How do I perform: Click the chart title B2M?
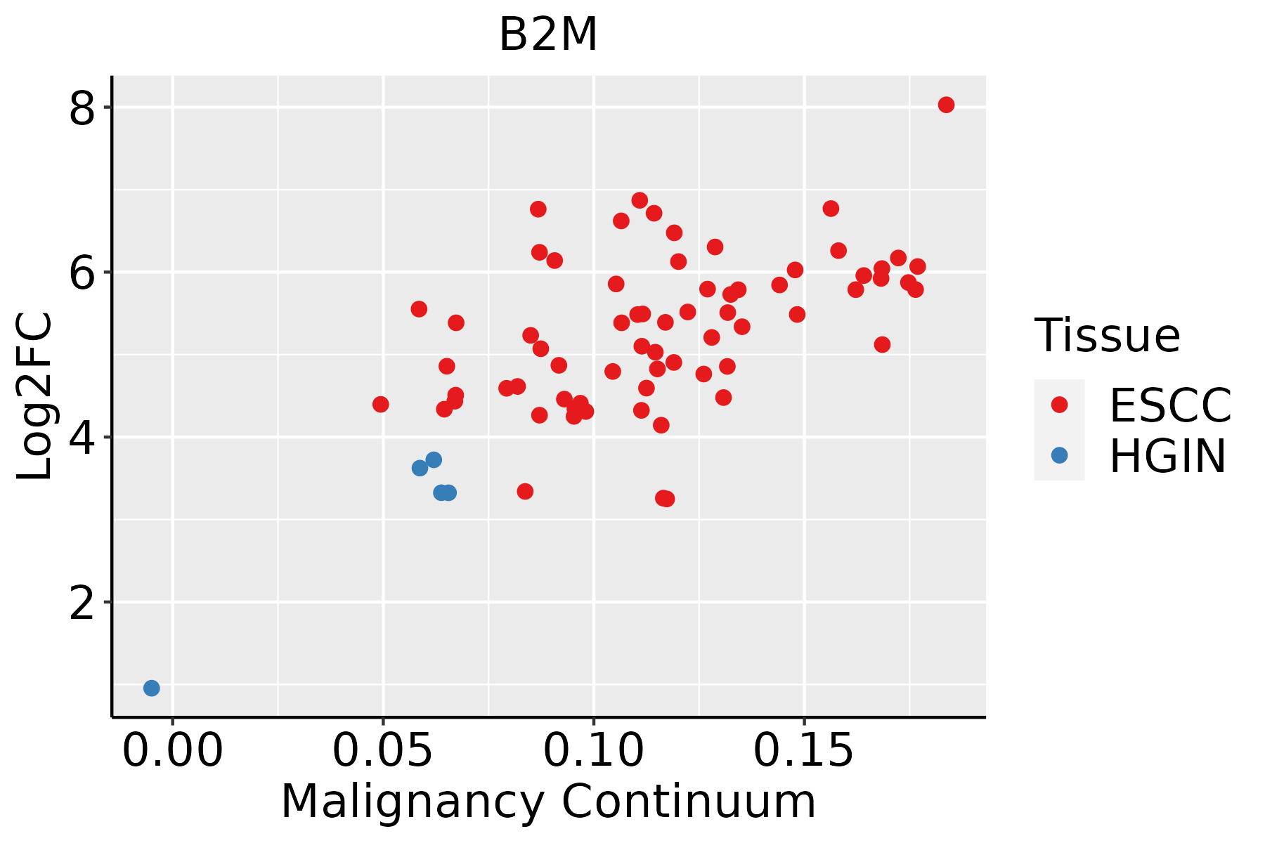point(548,34)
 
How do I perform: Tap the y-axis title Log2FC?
point(34,396)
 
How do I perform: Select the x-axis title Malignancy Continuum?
point(548,802)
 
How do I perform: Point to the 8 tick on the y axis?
point(82,107)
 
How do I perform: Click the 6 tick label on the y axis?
point(82,272)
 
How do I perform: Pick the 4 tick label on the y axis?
point(82,437)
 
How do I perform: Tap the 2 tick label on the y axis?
point(82,602)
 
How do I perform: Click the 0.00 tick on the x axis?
point(172,751)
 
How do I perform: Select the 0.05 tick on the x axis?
point(383,751)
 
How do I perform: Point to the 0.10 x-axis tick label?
point(594,751)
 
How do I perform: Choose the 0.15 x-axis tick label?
point(804,751)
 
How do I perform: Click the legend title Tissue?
point(1108,335)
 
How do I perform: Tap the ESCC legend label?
point(1170,405)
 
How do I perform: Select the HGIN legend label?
point(1168,456)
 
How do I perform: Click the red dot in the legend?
point(1059,405)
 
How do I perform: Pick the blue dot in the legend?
point(1059,455)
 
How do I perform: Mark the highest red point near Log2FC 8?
point(946,105)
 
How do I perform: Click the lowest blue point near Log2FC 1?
point(151,688)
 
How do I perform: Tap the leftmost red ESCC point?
point(380,404)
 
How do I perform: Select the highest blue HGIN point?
point(434,459)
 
